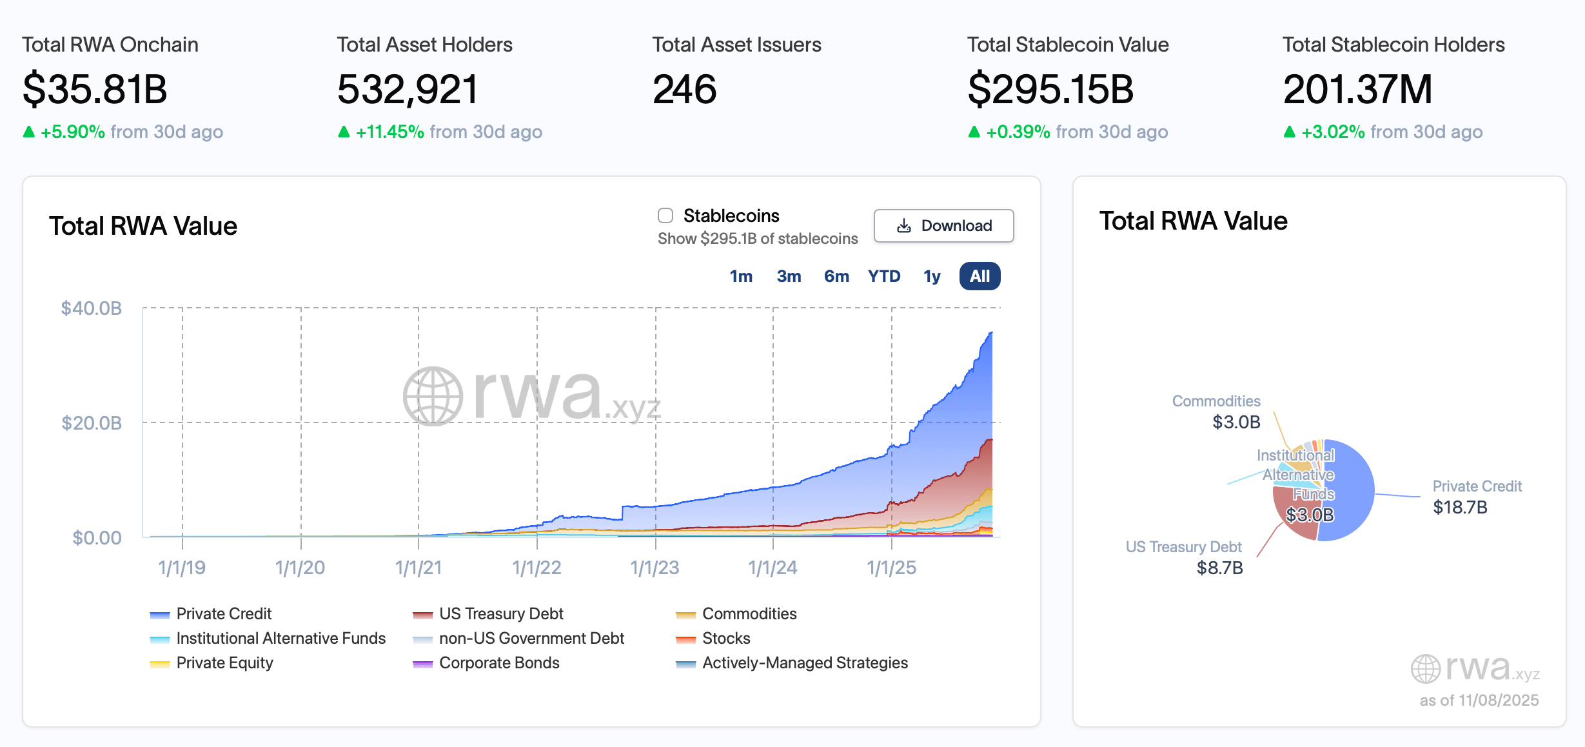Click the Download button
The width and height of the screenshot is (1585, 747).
click(943, 226)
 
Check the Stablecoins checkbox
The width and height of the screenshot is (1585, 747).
click(665, 215)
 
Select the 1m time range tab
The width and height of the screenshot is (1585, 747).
click(741, 276)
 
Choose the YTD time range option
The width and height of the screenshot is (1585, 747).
click(883, 276)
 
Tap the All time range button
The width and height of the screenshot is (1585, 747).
click(980, 276)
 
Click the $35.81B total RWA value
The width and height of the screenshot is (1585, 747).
click(95, 89)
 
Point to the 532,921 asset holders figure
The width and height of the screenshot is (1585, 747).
click(408, 89)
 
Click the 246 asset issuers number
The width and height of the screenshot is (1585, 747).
click(684, 89)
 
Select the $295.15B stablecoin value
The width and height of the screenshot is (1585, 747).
click(1050, 89)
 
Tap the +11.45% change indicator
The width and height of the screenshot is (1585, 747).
click(389, 132)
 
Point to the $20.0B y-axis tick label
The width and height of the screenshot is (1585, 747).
click(92, 423)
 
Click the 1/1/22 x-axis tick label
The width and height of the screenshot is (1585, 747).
click(537, 568)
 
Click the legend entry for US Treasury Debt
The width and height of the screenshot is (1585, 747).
click(500, 613)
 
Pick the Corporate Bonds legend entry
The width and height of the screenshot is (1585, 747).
click(498, 662)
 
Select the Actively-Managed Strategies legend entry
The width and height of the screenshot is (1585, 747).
click(804, 662)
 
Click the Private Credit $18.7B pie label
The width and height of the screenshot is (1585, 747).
click(1476, 497)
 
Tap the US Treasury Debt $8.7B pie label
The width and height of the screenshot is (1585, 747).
click(1184, 557)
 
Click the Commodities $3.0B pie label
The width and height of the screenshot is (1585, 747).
click(1216, 412)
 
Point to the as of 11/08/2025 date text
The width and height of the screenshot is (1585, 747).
click(1479, 700)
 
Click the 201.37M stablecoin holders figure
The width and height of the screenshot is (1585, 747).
click(1357, 89)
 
